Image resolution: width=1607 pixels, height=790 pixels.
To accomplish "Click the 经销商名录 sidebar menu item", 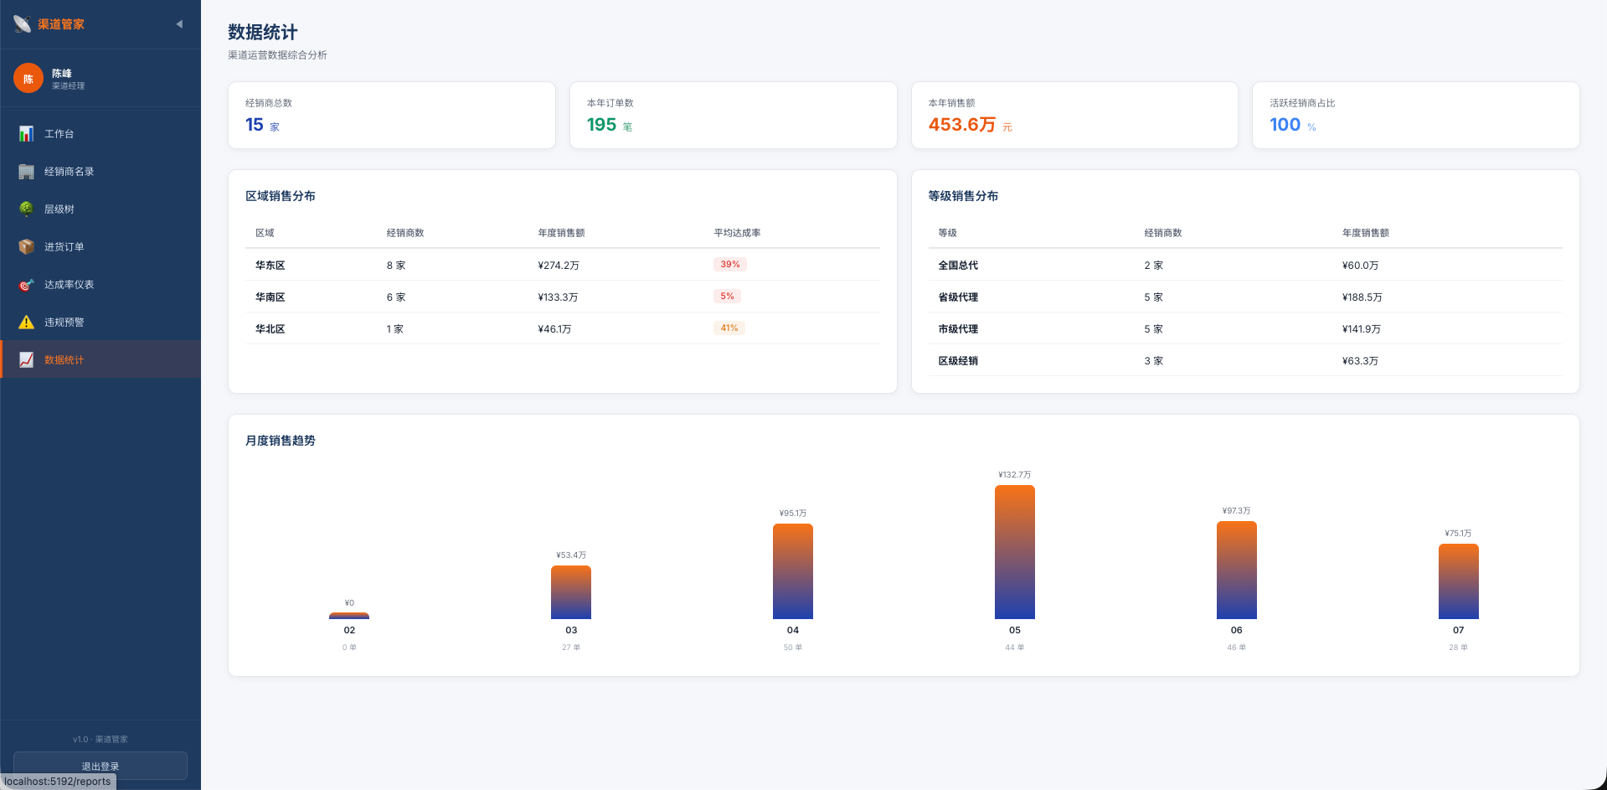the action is click(x=100, y=171).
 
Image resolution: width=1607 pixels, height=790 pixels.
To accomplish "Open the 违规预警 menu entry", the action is click(x=100, y=322).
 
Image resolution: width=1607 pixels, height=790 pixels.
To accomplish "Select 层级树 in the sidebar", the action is click(x=100, y=209).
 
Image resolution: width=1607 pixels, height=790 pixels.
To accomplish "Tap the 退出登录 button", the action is click(x=100, y=766).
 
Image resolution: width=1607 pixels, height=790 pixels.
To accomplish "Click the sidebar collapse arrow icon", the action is click(x=179, y=24).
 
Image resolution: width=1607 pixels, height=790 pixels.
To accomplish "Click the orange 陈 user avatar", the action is click(x=28, y=79).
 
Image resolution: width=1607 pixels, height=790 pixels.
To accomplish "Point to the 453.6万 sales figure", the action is click(x=962, y=125).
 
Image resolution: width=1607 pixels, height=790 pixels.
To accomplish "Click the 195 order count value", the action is click(x=601, y=125).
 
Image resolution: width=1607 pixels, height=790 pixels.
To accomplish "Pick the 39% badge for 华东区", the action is click(x=730, y=265).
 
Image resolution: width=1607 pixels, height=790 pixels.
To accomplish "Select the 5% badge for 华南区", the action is click(x=727, y=297).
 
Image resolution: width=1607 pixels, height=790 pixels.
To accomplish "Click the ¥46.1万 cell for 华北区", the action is click(x=554, y=329).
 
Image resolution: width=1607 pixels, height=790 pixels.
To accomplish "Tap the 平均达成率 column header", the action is click(x=737, y=233).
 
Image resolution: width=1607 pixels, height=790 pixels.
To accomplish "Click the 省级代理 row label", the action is click(x=958, y=297).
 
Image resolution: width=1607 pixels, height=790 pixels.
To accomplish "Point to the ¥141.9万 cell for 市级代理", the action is click(x=1362, y=329).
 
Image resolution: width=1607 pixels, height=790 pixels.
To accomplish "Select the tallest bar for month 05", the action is click(x=1015, y=552).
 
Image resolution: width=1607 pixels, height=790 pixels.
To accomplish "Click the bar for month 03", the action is click(x=571, y=592).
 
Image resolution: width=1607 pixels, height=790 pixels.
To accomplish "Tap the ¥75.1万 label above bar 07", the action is click(x=1458, y=534).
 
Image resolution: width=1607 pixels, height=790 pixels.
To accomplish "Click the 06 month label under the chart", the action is click(x=1236, y=630).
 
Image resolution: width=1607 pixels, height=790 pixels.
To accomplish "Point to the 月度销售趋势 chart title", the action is click(x=281, y=441).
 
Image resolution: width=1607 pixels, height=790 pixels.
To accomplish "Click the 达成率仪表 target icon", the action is click(x=27, y=285).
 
